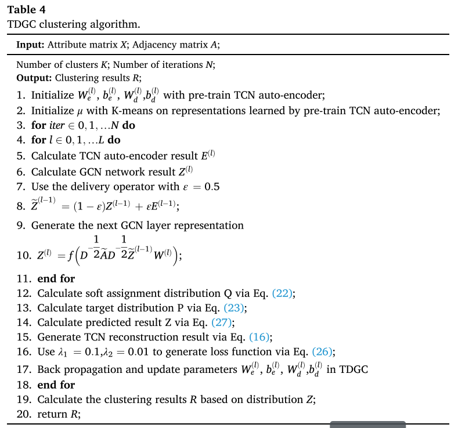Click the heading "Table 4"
pyautogui.click(x=27, y=10)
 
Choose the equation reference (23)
pyautogui.click(x=234, y=308)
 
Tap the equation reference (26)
pyautogui.click(x=323, y=351)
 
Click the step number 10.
pyautogui.click(x=22, y=255)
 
